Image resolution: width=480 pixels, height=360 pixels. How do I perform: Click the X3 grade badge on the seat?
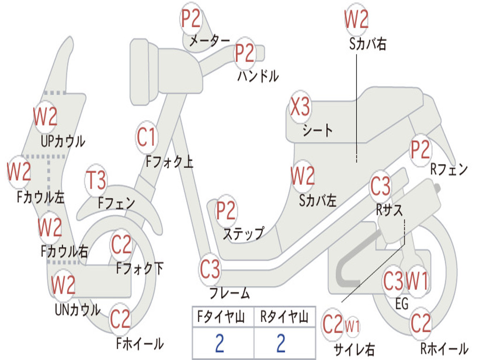coord(300,107)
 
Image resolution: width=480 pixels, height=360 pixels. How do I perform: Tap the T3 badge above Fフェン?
coord(96,180)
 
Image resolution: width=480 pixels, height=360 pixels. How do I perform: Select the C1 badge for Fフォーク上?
coord(147,137)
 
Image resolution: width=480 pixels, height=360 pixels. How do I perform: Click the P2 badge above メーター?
coord(191,19)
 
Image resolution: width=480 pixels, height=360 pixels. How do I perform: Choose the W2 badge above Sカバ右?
coord(356,19)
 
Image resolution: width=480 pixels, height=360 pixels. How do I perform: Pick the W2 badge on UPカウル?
coord(45,117)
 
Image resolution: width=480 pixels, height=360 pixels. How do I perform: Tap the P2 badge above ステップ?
coord(226,210)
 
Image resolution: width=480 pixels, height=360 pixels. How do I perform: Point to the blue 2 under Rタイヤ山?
coord(281,343)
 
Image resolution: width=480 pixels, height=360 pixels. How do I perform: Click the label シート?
coord(318,130)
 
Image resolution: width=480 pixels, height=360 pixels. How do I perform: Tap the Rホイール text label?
coord(444,348)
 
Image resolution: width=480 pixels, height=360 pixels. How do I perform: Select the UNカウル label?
coord(78,309)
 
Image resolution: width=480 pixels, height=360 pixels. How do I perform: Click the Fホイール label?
coord(140,344)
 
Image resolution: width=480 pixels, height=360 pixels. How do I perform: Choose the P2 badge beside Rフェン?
coord(420,150)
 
